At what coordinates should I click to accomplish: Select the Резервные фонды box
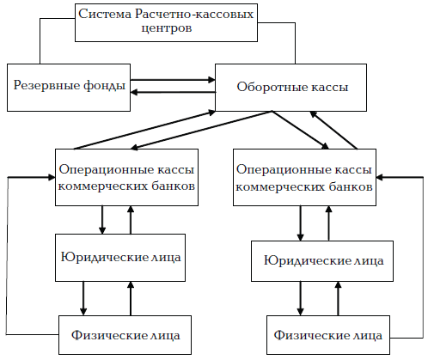pos(69,86)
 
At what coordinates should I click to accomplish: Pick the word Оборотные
pos(264,86)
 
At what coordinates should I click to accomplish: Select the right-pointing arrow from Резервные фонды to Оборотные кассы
pos(172,80)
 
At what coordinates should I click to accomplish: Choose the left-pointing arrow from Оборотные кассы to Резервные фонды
pos(172,92)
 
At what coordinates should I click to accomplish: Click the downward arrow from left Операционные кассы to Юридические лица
pos(103,219)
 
